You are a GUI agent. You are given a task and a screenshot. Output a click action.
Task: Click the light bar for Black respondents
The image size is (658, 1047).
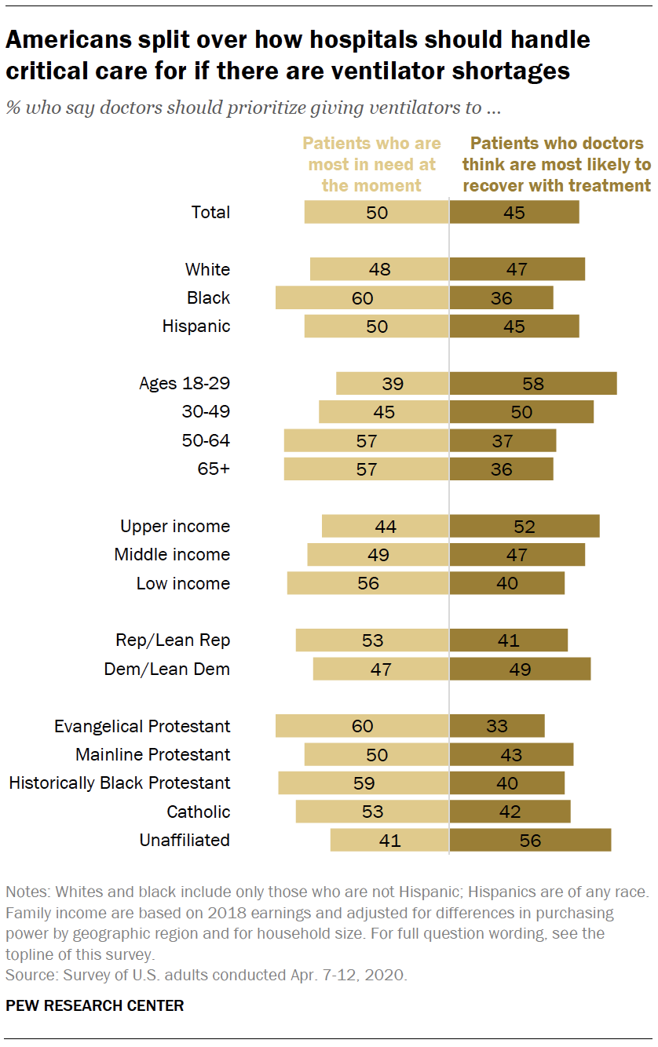(362, 297)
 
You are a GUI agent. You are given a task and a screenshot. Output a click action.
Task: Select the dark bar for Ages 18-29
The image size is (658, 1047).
(533, 383)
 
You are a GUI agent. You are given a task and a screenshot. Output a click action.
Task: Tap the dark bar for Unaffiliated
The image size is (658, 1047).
(530, 840)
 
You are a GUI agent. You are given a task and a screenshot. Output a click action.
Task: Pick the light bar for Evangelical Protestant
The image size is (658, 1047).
(362, 726)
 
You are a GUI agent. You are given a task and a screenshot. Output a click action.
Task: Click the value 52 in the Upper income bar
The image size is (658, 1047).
(524, 526)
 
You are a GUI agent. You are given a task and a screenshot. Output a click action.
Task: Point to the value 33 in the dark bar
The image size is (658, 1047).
(497, 726)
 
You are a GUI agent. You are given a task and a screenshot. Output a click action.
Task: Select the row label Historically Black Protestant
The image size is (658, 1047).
(119, 783)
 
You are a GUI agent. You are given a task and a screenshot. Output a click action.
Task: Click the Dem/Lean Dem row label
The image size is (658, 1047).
(167, 669)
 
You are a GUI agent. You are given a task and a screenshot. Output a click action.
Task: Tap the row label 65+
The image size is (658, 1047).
(214, 469)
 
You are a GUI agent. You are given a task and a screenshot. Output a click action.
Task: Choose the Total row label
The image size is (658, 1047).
(211, 212)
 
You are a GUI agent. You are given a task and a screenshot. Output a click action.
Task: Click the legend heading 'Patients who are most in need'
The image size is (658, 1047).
(371, 165)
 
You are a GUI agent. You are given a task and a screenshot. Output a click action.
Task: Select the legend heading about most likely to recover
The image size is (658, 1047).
(557, 165)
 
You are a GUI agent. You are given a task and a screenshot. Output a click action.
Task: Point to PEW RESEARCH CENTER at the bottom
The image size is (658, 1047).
(95, 1005)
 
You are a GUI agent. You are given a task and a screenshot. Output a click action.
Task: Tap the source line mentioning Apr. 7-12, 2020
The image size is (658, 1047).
(207, 975)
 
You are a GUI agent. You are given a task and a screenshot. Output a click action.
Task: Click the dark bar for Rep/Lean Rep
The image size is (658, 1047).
(509, 640)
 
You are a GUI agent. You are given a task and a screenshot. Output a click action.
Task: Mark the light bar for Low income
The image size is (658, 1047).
(368, 583)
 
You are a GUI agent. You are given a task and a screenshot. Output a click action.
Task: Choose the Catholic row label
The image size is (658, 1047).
(198, 812)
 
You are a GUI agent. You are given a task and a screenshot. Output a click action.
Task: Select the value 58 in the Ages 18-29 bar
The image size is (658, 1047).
(533, 383)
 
